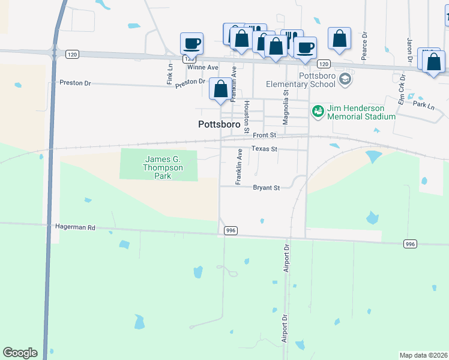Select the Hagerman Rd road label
point(75,228)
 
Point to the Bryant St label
point(267,188)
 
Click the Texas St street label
point(264,149)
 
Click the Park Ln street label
point(423,105)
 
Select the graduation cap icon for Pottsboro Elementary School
point(345,79)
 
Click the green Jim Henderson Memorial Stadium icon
point(318,111)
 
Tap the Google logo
point(20,353)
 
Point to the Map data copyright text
point(424,355)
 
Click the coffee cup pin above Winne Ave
point(192,43)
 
